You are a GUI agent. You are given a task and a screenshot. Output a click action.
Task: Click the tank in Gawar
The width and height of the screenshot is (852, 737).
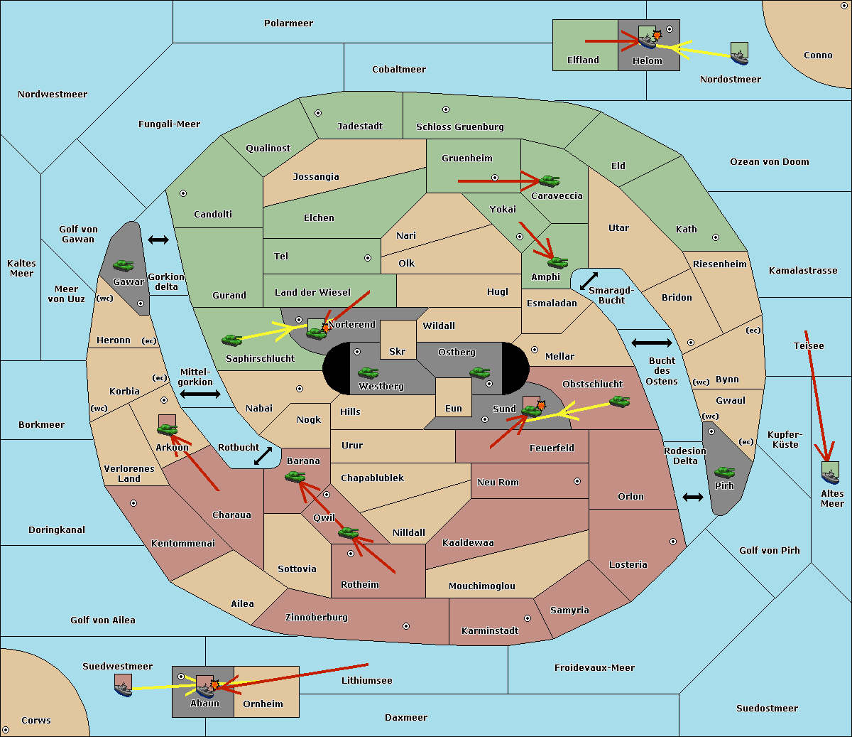point(124,266)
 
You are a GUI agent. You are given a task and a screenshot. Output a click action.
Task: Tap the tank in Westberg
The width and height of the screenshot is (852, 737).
point(368,373)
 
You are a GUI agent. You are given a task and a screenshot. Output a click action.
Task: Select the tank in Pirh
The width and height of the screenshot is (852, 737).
point(724,472)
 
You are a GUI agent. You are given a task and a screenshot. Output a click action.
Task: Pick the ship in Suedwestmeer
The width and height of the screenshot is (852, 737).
point(123,685)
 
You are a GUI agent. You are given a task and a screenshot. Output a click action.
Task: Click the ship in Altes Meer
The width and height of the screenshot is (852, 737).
point(830,473)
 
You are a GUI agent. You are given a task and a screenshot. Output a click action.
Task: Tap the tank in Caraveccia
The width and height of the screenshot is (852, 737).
point(550,181)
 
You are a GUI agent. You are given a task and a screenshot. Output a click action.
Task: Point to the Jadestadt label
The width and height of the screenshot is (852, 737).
point(360,127)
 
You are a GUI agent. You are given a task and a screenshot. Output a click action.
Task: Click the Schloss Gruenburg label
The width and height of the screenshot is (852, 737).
point(460,127)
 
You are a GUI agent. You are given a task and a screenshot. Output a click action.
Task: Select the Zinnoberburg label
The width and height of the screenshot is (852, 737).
point(317,618)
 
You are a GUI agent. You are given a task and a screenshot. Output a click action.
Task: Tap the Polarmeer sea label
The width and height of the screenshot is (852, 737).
point(288,23)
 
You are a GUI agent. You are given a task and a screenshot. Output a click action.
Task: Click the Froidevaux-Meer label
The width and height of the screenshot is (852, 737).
point(594,667)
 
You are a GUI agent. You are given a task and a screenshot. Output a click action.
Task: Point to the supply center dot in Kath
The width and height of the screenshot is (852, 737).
point(716,237)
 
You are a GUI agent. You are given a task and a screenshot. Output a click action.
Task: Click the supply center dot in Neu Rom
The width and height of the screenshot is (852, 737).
point(577,481)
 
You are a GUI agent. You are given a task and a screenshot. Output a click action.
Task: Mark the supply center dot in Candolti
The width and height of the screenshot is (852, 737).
point(183,193)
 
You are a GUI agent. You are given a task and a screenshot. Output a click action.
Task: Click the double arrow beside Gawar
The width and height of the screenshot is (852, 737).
point(158,240)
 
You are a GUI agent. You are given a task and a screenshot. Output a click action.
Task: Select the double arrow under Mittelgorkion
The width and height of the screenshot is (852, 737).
point(200,394)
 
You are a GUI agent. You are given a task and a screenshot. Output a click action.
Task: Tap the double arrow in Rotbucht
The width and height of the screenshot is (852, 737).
point(263,456)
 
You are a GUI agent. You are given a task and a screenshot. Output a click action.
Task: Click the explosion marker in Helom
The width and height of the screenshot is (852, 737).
point(657,35)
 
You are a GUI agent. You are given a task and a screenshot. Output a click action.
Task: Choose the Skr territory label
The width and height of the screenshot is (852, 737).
point(398,351)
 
